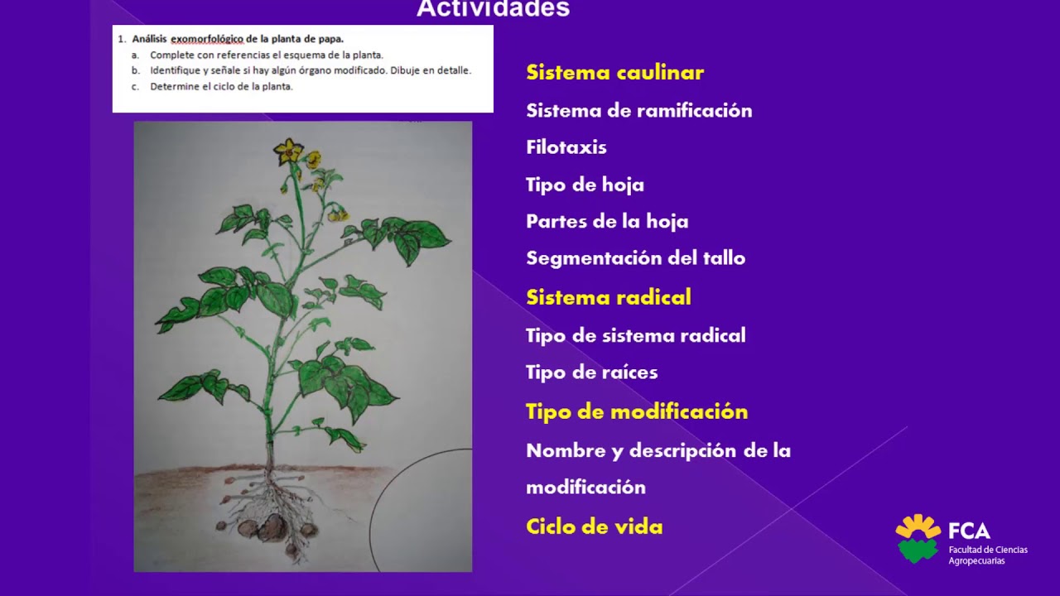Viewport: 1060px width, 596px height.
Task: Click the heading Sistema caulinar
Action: tap(614, 73)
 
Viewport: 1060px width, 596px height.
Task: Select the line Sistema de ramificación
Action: tap(638, 111)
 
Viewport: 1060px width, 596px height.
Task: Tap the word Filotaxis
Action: tap(566, 147)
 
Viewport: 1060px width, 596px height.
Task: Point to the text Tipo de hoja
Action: tap(585, 185)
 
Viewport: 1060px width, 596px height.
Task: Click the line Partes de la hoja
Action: tap(607, 221)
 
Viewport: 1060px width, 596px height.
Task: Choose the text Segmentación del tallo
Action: tap(635, 258)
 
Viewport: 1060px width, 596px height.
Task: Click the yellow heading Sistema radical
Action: tap(608, 298)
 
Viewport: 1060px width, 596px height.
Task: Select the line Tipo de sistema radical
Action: tap(635, 335)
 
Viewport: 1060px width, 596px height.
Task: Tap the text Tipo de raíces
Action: tap(591, 372)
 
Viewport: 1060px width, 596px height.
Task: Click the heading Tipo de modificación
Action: tap(636, 412)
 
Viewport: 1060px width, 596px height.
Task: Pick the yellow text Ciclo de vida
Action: tap(594, 527)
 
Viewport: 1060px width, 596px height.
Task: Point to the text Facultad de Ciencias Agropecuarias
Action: tap(988, 555)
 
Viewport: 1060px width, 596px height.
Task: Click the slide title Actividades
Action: tap(493, 9)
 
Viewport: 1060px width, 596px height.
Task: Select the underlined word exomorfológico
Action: tap(207, 39)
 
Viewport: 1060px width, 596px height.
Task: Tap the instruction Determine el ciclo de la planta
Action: tap(221, 86)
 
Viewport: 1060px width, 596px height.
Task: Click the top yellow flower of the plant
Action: tap(289, 151)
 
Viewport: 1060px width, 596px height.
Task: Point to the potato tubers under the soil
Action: tap(269, 528)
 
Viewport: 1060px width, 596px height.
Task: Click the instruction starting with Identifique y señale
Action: tap(311, 70)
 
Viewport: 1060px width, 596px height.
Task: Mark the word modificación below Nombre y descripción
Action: tap(585, 488)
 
